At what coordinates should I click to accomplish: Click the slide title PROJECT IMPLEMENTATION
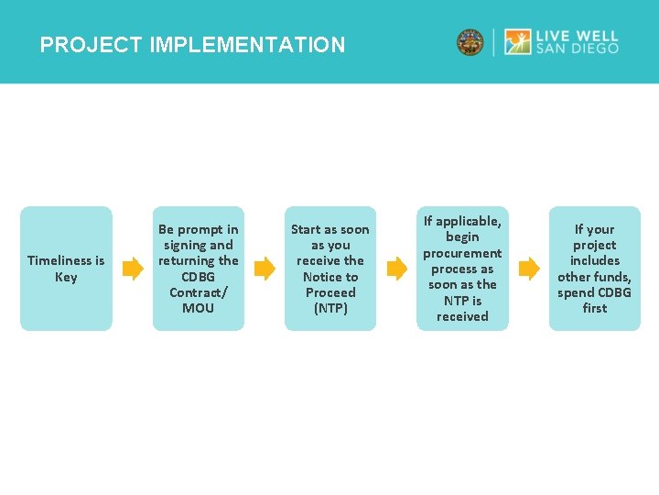[x=192, y=45]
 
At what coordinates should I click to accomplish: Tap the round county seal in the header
[x=470, y=42]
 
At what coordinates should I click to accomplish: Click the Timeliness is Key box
[x=66, y=268]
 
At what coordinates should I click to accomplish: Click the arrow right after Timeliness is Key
[x=133, y=269]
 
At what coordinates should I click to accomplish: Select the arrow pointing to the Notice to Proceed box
[x=264, y=269]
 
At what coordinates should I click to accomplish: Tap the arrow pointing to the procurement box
[x=396, y=269]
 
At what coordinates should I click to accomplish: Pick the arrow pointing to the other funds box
[x=529, y=269]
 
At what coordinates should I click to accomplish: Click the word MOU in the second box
[x=198, y=308]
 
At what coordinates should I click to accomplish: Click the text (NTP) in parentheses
[x=330, y=308]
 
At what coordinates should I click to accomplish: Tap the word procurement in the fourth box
[x=462, y=253]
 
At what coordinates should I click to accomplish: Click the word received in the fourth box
[x=462, y=316]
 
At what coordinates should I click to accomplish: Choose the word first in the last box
[x=595, y=308]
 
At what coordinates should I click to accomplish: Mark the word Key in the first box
[x=66, y=277]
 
